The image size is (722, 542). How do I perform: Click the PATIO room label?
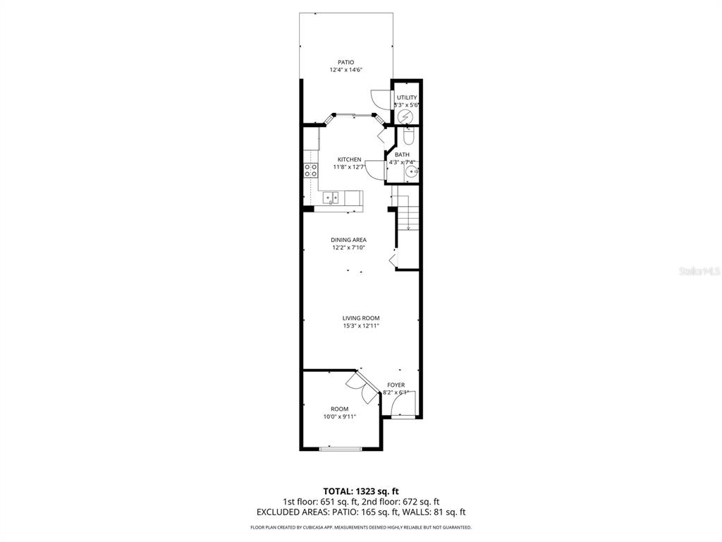345,62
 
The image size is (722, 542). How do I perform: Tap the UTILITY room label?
407,97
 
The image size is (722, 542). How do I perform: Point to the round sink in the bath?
410,171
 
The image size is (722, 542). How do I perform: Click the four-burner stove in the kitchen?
310,170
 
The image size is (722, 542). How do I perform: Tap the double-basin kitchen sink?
331,197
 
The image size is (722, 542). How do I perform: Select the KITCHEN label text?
349,159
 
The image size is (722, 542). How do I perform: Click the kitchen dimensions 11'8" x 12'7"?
349,167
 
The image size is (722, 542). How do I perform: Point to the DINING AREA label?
349,240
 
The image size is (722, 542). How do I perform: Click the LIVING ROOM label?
361,318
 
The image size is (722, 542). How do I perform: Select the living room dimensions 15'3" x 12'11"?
361,326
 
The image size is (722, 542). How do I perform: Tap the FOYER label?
396,385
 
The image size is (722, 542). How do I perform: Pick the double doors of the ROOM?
362,388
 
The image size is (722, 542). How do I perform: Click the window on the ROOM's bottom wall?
340,448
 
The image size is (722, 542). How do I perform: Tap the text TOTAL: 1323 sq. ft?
361,490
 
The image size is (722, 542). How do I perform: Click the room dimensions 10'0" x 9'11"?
340,416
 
